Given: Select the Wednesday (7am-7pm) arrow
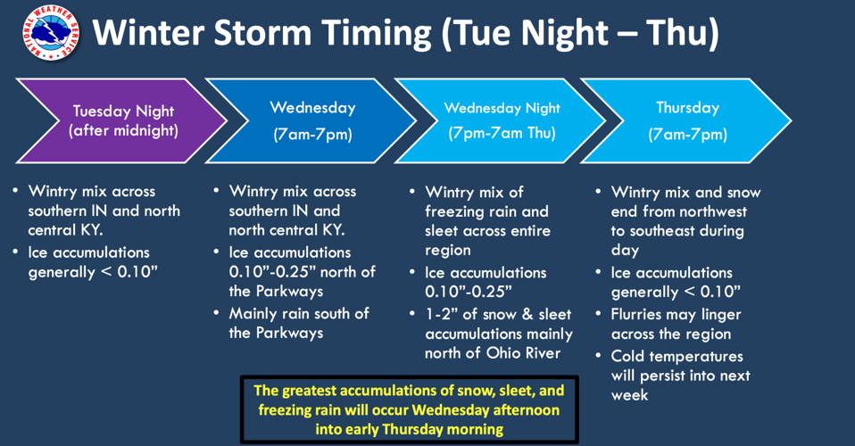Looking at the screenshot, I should coord(311,120).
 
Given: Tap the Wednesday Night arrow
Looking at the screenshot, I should coord(501,120).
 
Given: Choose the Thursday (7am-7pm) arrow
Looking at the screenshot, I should coord(687,120).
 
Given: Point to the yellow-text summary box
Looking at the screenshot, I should coord(409,409).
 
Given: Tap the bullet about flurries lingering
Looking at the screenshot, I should coord(676,324).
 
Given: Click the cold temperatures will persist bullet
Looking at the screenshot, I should coord(680,375).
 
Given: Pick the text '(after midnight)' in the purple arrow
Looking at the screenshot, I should coord(123,131).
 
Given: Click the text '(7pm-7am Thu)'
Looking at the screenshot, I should coord(502,134).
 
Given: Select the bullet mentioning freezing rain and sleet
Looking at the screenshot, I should coord(487,221).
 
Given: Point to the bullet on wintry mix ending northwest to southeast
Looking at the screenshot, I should coord(683,221).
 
